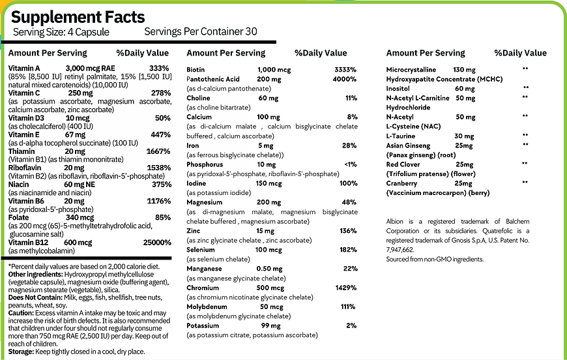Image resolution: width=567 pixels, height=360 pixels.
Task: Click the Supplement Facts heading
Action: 78,16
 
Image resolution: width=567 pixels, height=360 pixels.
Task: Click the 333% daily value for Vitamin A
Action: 160,68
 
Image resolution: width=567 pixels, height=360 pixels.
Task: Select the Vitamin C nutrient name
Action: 24,93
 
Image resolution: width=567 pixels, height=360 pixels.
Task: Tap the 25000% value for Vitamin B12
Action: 156,243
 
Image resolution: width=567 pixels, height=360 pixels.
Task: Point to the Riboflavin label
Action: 26,168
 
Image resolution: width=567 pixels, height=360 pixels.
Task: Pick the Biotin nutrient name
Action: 196,70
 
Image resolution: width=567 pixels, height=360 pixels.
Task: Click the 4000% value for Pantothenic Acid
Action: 344,79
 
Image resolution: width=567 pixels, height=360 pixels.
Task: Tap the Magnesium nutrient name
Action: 206,202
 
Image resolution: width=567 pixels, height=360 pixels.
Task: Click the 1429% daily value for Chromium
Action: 343,288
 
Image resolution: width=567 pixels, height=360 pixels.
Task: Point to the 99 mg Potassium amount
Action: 270,325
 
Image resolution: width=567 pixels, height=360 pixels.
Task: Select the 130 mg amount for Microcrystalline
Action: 465,69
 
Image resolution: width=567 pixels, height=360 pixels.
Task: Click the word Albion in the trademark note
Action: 397,222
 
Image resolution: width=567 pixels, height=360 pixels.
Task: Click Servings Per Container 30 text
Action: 201,31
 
